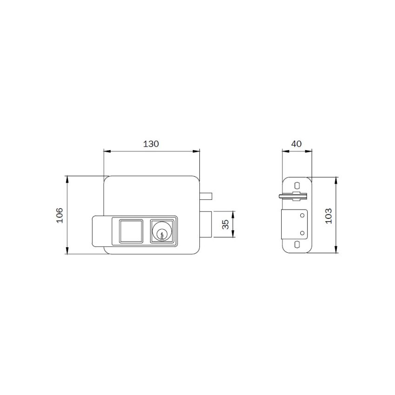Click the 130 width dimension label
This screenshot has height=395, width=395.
click(151, 144)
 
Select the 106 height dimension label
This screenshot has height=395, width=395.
click(59, 215)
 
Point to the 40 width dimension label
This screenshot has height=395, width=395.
click(296, 144)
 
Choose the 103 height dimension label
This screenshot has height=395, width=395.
click(329, 215)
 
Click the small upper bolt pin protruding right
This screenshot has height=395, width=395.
click(207, 195)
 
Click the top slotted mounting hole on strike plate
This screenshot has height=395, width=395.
click(296, 185)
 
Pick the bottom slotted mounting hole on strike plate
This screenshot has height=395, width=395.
click(296, 245)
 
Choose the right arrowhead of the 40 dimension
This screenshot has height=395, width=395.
click(310, 151)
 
